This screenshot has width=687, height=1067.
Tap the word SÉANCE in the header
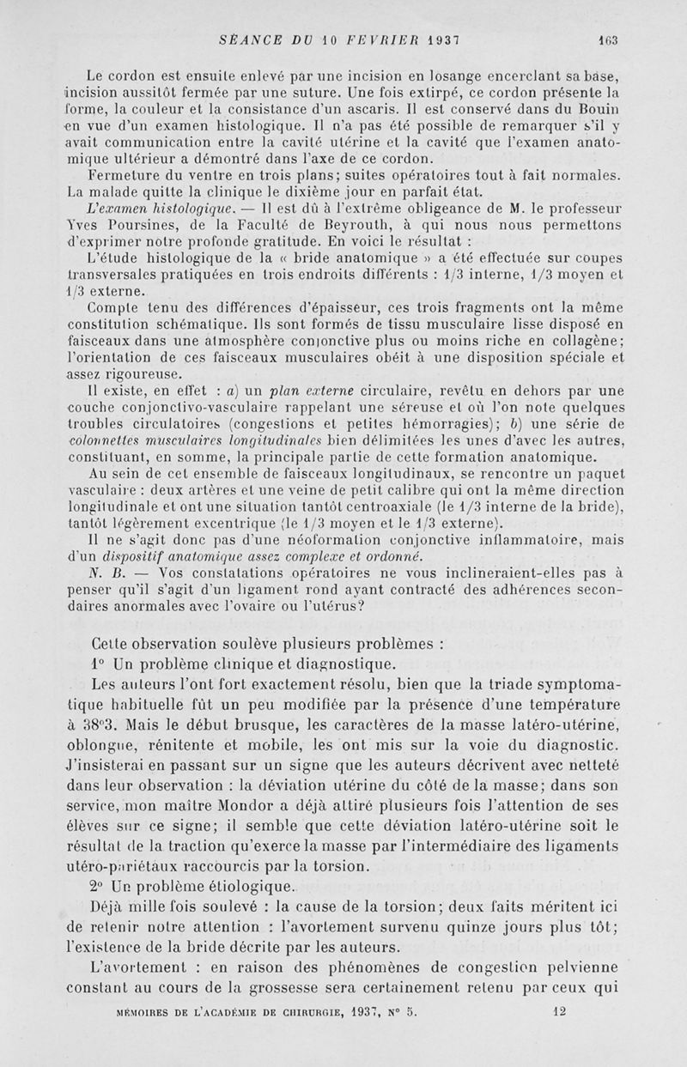249,39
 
